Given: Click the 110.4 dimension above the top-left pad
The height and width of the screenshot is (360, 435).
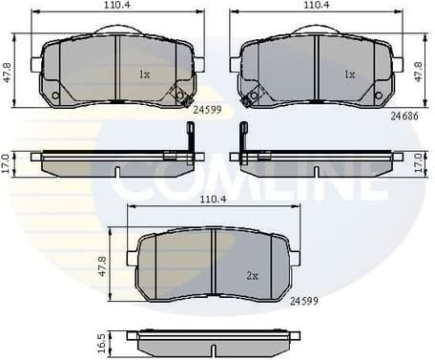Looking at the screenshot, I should pyautogui.click(x=115, y=6).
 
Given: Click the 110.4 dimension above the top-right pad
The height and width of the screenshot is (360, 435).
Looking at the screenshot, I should pyautogui.click(x=317, y=6).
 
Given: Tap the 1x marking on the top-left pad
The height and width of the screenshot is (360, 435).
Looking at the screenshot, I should pyautogui.click(x=144, y=74).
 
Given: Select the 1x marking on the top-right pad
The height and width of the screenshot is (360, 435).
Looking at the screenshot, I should pyautogui.click(x=349, y=74).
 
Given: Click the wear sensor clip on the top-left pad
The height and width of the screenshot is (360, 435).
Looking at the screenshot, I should pyautogui.click(x=179, y=95).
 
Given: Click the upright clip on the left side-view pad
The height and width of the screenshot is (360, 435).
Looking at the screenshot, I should pyautogui.click(x=191, y=139).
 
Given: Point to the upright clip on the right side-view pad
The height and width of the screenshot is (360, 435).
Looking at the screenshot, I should pyautogui.click(x=243, y=139).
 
